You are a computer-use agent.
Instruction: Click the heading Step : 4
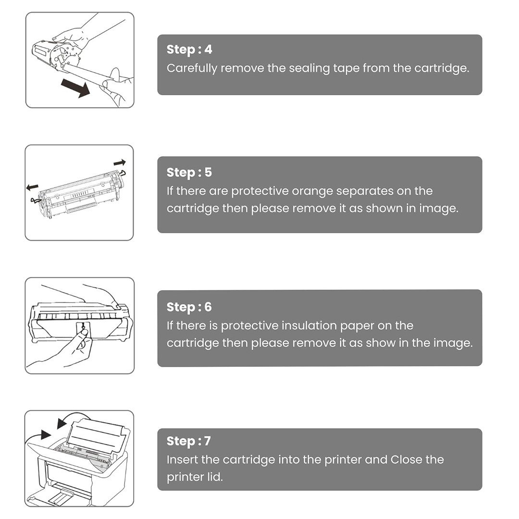(x=189, y=49)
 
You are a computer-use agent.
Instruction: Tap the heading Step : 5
(x=189, y=173)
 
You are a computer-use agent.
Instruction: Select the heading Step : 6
(x=189, y=307)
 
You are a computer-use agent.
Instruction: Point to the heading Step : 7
(x=189, y=441)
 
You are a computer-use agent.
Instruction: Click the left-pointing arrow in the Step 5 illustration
(x=33, y=187)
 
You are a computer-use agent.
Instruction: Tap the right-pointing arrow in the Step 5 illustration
(x=120, y=162)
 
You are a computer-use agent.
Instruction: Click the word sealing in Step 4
(x=309, y=69)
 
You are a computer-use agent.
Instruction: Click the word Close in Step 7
(x=406, y=459)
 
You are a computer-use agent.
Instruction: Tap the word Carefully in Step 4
(x=192, y=69)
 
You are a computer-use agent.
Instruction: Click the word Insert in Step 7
(x=182, y=459)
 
